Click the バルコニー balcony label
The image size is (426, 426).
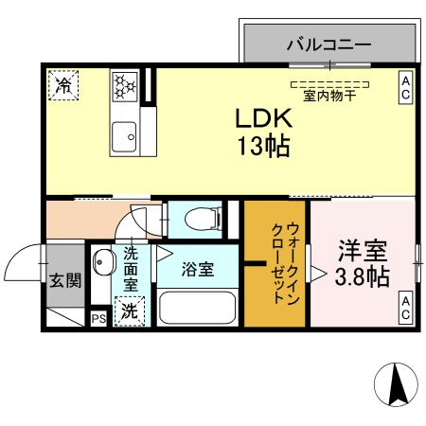[329, 44]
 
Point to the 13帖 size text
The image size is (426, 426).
[264, 148]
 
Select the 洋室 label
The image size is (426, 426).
[364, 253]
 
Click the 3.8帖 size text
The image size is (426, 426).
[364, 277]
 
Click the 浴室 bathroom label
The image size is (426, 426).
[199, 268]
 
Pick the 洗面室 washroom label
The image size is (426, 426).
[131, 269]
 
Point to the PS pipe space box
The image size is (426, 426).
[98, 319]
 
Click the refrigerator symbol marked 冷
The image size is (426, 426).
[63, 85]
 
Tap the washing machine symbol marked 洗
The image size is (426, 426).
[127, 311]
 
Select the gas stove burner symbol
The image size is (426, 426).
[125, 86]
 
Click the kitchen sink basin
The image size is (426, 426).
[124, 138]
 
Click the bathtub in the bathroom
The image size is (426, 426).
[197, 309]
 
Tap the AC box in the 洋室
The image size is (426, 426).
[404, 308]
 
